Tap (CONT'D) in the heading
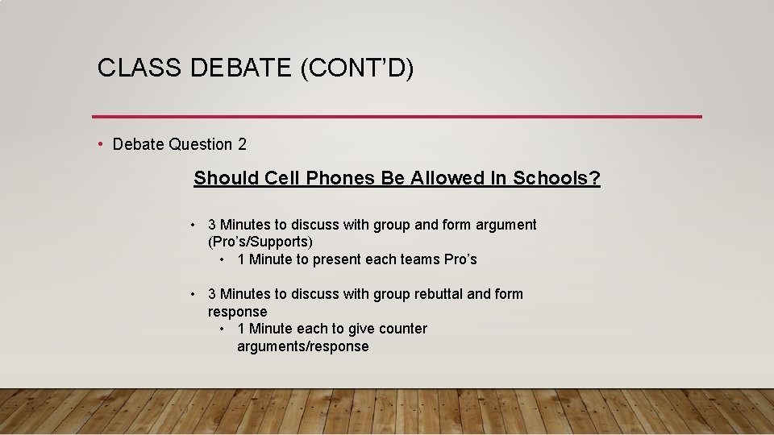point(357,68)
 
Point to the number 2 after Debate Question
point(242,145)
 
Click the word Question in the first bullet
point(202,145)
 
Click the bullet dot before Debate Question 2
point(101,145)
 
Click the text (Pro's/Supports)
point(260,242)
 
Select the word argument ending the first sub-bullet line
point(506,225)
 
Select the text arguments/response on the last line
point(303,346)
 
